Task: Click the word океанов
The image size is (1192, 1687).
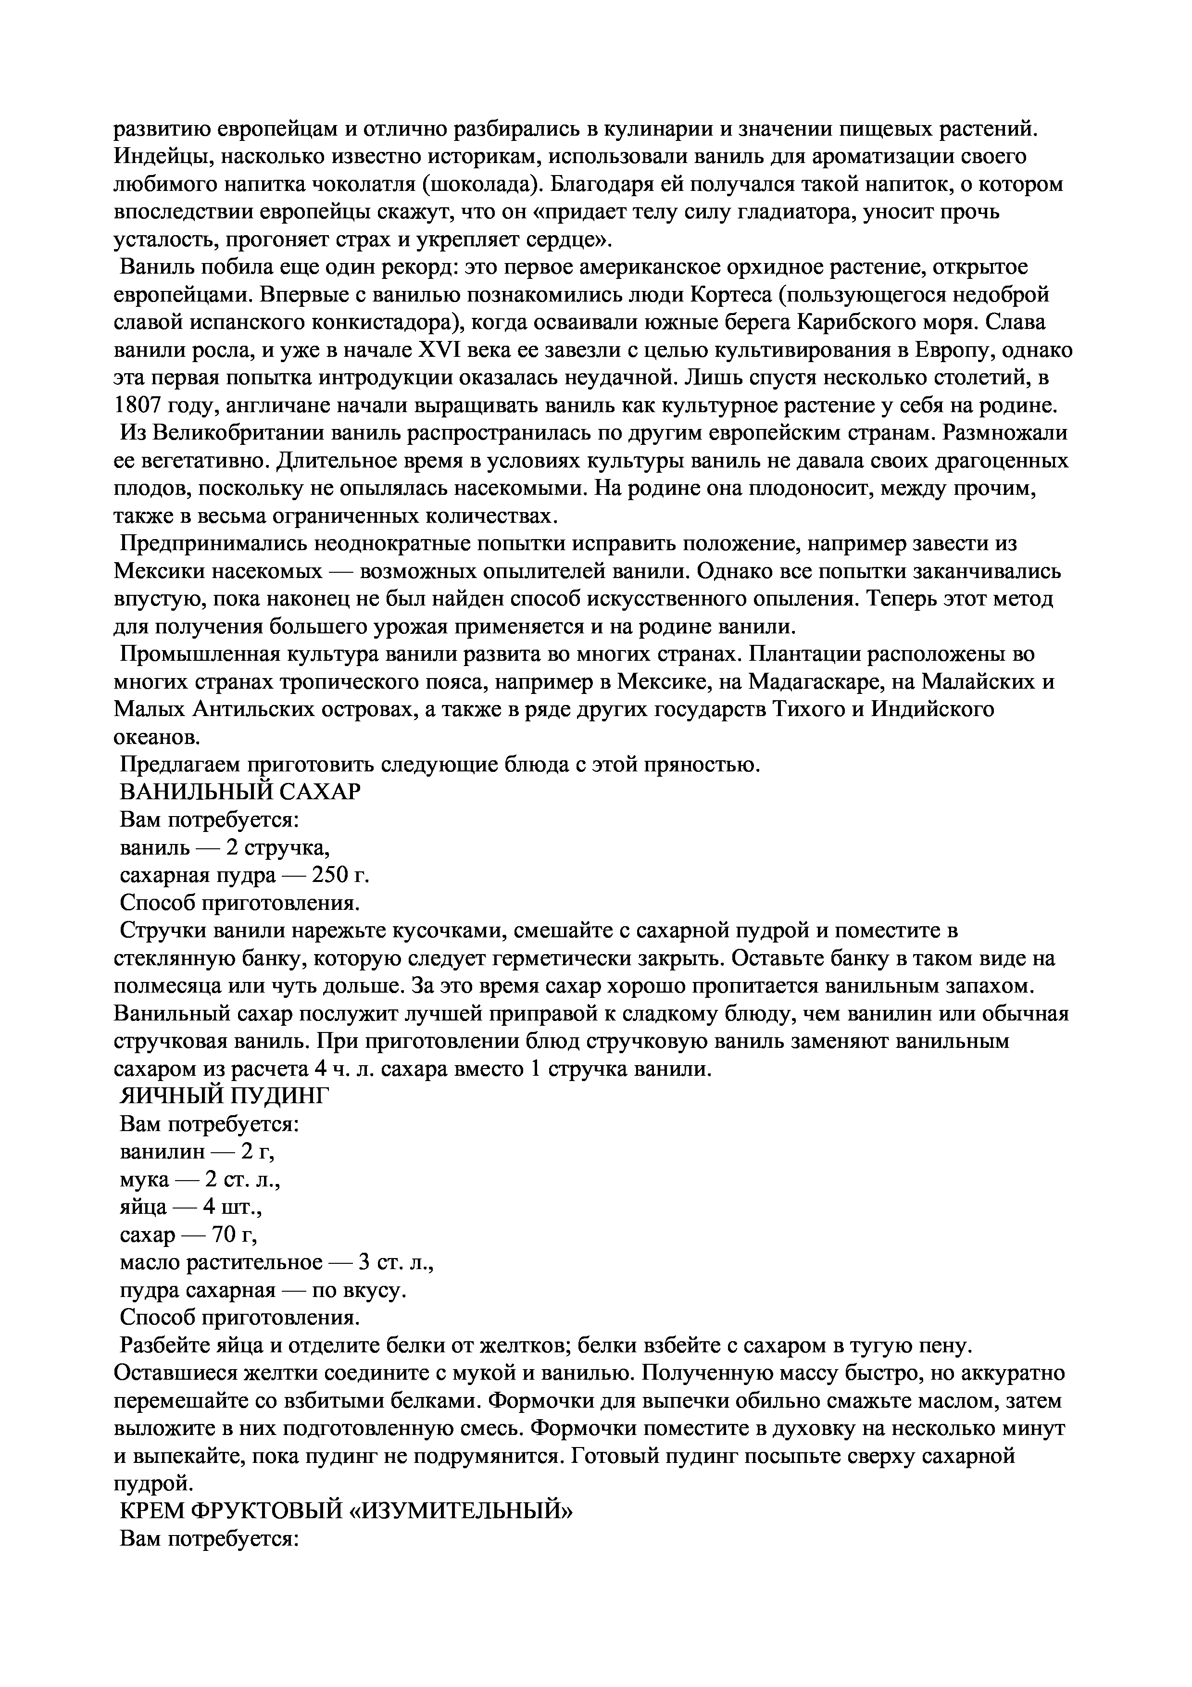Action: (156, 737)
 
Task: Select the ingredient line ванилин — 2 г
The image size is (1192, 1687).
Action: (197, 1151)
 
